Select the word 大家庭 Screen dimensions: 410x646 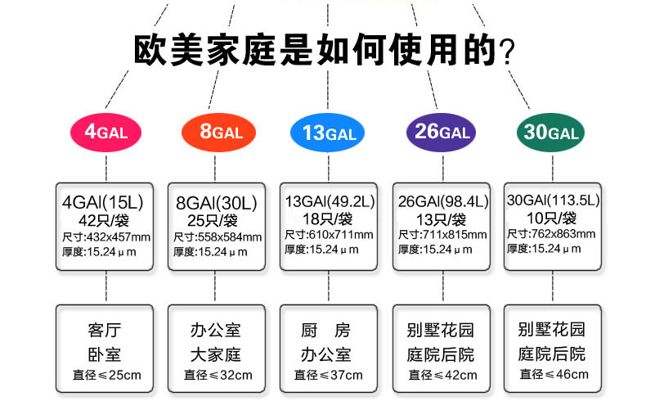click(x=217, y=355)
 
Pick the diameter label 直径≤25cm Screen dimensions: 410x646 click(x=106, y=376)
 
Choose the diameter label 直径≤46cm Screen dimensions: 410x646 click(x=554, y=375)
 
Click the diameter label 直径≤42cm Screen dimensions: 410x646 click(x=442, y=376)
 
